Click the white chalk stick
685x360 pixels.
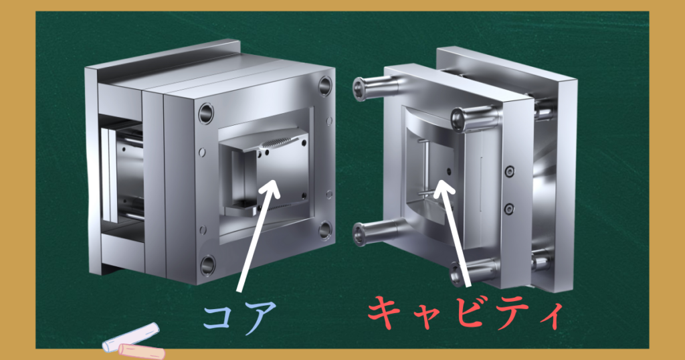[x=131, y=337]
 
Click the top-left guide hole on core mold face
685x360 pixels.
[x=206, y=114]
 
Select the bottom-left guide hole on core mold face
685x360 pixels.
[x=208, y=266]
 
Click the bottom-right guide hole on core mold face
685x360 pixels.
[x=325, y=230]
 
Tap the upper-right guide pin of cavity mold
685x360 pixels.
[x=476, y=118]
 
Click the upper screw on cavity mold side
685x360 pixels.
[x=509, y=171]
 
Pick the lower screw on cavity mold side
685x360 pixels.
[x=509, y=209]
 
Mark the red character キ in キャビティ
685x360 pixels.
[x=385, y=312]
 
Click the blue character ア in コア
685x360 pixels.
[x=259, y=317]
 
